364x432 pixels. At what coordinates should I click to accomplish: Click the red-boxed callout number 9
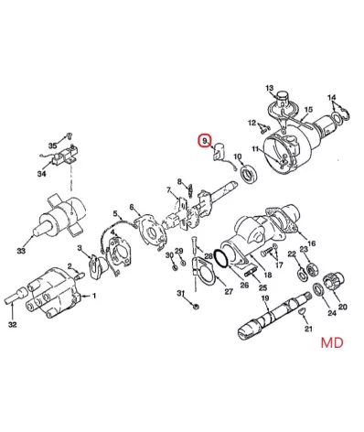pos(205,141)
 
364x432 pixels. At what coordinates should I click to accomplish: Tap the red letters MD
pos(332,342)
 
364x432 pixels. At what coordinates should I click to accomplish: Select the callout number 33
pos(21,251)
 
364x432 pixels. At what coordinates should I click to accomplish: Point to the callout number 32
pos(12,325)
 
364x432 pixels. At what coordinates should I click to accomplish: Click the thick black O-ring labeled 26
pos(220,259)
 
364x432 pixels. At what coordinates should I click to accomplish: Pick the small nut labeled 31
pos(197,306)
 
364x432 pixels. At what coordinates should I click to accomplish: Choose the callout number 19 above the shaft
pos(265,298)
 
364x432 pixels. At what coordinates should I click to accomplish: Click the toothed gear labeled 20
pos(335,282)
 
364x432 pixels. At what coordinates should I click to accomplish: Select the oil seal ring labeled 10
pos(250,174)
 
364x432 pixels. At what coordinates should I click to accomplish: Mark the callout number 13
pos(270,89)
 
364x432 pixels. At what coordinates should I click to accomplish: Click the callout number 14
pos(332,98)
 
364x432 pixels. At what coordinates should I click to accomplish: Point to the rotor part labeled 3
pos(97,265)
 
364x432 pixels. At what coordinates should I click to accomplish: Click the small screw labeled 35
pos(70,135)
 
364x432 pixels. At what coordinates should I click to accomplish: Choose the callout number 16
pos(311,243)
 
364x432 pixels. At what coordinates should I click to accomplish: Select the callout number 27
pos(229,291)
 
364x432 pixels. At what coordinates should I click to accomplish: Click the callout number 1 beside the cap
pos(94,296)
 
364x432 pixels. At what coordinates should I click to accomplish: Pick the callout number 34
pos(42,174)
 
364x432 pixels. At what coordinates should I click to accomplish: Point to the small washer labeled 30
pos(175,267)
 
